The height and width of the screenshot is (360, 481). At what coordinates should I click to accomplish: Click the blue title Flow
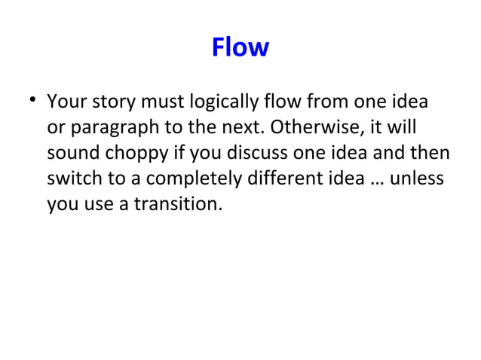pyautogui.click(x=240, y=48)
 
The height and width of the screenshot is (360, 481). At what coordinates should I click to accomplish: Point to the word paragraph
pyautogui.click(x=108, y=127)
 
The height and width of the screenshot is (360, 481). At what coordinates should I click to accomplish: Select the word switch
pyautogui.click(x=69, y=178)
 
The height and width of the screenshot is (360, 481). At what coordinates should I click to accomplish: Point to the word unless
pyautogui.click(x=417, y=178)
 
